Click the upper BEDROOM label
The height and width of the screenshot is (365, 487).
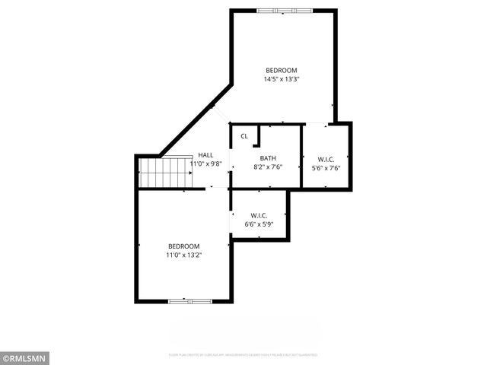pyautogui.click(x=281, y=70)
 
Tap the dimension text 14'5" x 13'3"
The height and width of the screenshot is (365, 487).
pyautogui.click(x=281, y=78)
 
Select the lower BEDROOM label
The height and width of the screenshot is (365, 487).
pyautogui.click(x=183, y=246)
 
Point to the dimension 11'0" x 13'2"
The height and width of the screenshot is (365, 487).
pyautogui.click(x=183, y=255)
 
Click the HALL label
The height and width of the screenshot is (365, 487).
pyautogui.click(x=205, y=154)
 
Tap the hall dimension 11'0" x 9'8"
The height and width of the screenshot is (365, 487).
pyautogui.click(x=205, y=163)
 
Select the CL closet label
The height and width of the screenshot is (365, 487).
pyautogui.click(x=244, y=136)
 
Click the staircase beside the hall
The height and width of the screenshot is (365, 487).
pyautogui.click(x=165, y=173)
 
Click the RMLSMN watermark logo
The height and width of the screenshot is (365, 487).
pyautogui.click(x=25, y=357)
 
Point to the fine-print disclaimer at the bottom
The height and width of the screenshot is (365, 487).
pyautogui.click(x=243, y=354)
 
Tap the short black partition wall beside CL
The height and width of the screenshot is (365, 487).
pyautogui.click(x=258, y=135)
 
